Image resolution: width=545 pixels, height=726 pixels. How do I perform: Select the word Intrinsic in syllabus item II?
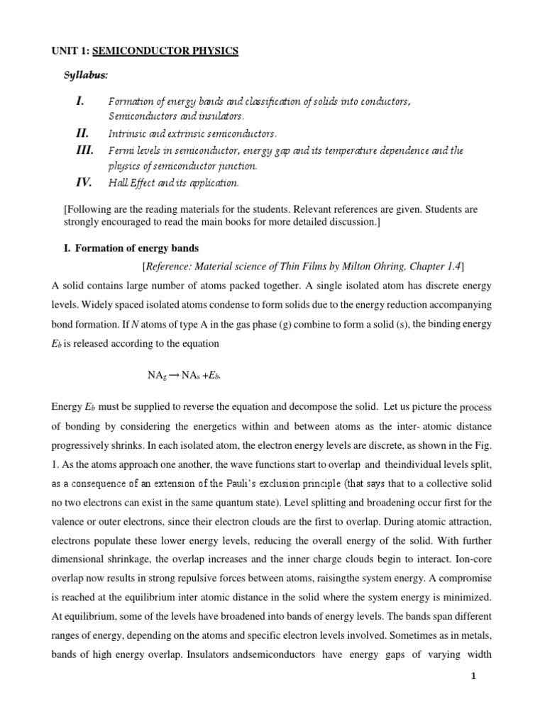click(x=125, y=133)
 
